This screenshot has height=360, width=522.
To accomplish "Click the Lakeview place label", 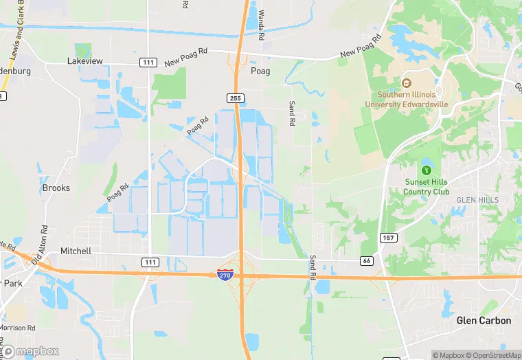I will pos(85,61).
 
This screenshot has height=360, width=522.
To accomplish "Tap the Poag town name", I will pos(260,71).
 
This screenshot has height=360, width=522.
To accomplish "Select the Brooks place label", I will pos(56,188).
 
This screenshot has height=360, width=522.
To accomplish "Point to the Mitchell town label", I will pos(76,251).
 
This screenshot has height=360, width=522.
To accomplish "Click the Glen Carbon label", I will pos(484,321).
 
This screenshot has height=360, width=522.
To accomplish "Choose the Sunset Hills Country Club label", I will pos(427,187).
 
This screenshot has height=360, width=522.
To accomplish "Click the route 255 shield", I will pos(236,98).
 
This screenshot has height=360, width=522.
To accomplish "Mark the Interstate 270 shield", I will pos(225,275).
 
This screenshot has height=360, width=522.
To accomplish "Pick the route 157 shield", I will pos(388,237).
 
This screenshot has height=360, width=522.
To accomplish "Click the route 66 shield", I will pos(367,260).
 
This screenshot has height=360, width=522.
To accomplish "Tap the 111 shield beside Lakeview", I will pos(148,63).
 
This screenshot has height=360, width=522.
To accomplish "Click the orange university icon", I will pos(407,83).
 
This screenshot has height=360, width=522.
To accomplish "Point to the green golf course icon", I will pos(426,169).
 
